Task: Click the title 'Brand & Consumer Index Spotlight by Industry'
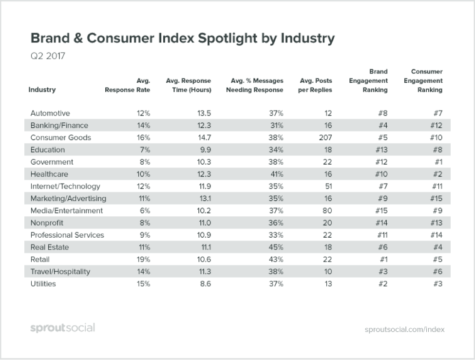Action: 182,38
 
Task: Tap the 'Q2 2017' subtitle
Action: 48,56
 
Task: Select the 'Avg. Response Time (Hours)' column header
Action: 188,85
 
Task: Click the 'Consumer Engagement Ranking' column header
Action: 423,81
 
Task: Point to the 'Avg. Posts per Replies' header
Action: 315,85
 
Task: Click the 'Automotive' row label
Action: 50,114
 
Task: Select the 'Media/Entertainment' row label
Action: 67,211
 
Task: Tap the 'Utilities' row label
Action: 43,284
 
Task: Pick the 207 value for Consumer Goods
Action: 325,138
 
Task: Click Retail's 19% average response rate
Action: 143,260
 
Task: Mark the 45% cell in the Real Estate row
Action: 275,247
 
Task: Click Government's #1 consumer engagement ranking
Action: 437,162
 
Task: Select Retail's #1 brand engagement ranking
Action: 382,260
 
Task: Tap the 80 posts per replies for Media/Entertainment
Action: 327,211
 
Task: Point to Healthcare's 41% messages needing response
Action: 275,174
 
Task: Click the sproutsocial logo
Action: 62,328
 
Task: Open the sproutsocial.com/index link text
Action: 404,329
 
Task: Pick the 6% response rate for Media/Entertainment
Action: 145,211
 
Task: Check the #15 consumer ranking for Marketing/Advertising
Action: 435,199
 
